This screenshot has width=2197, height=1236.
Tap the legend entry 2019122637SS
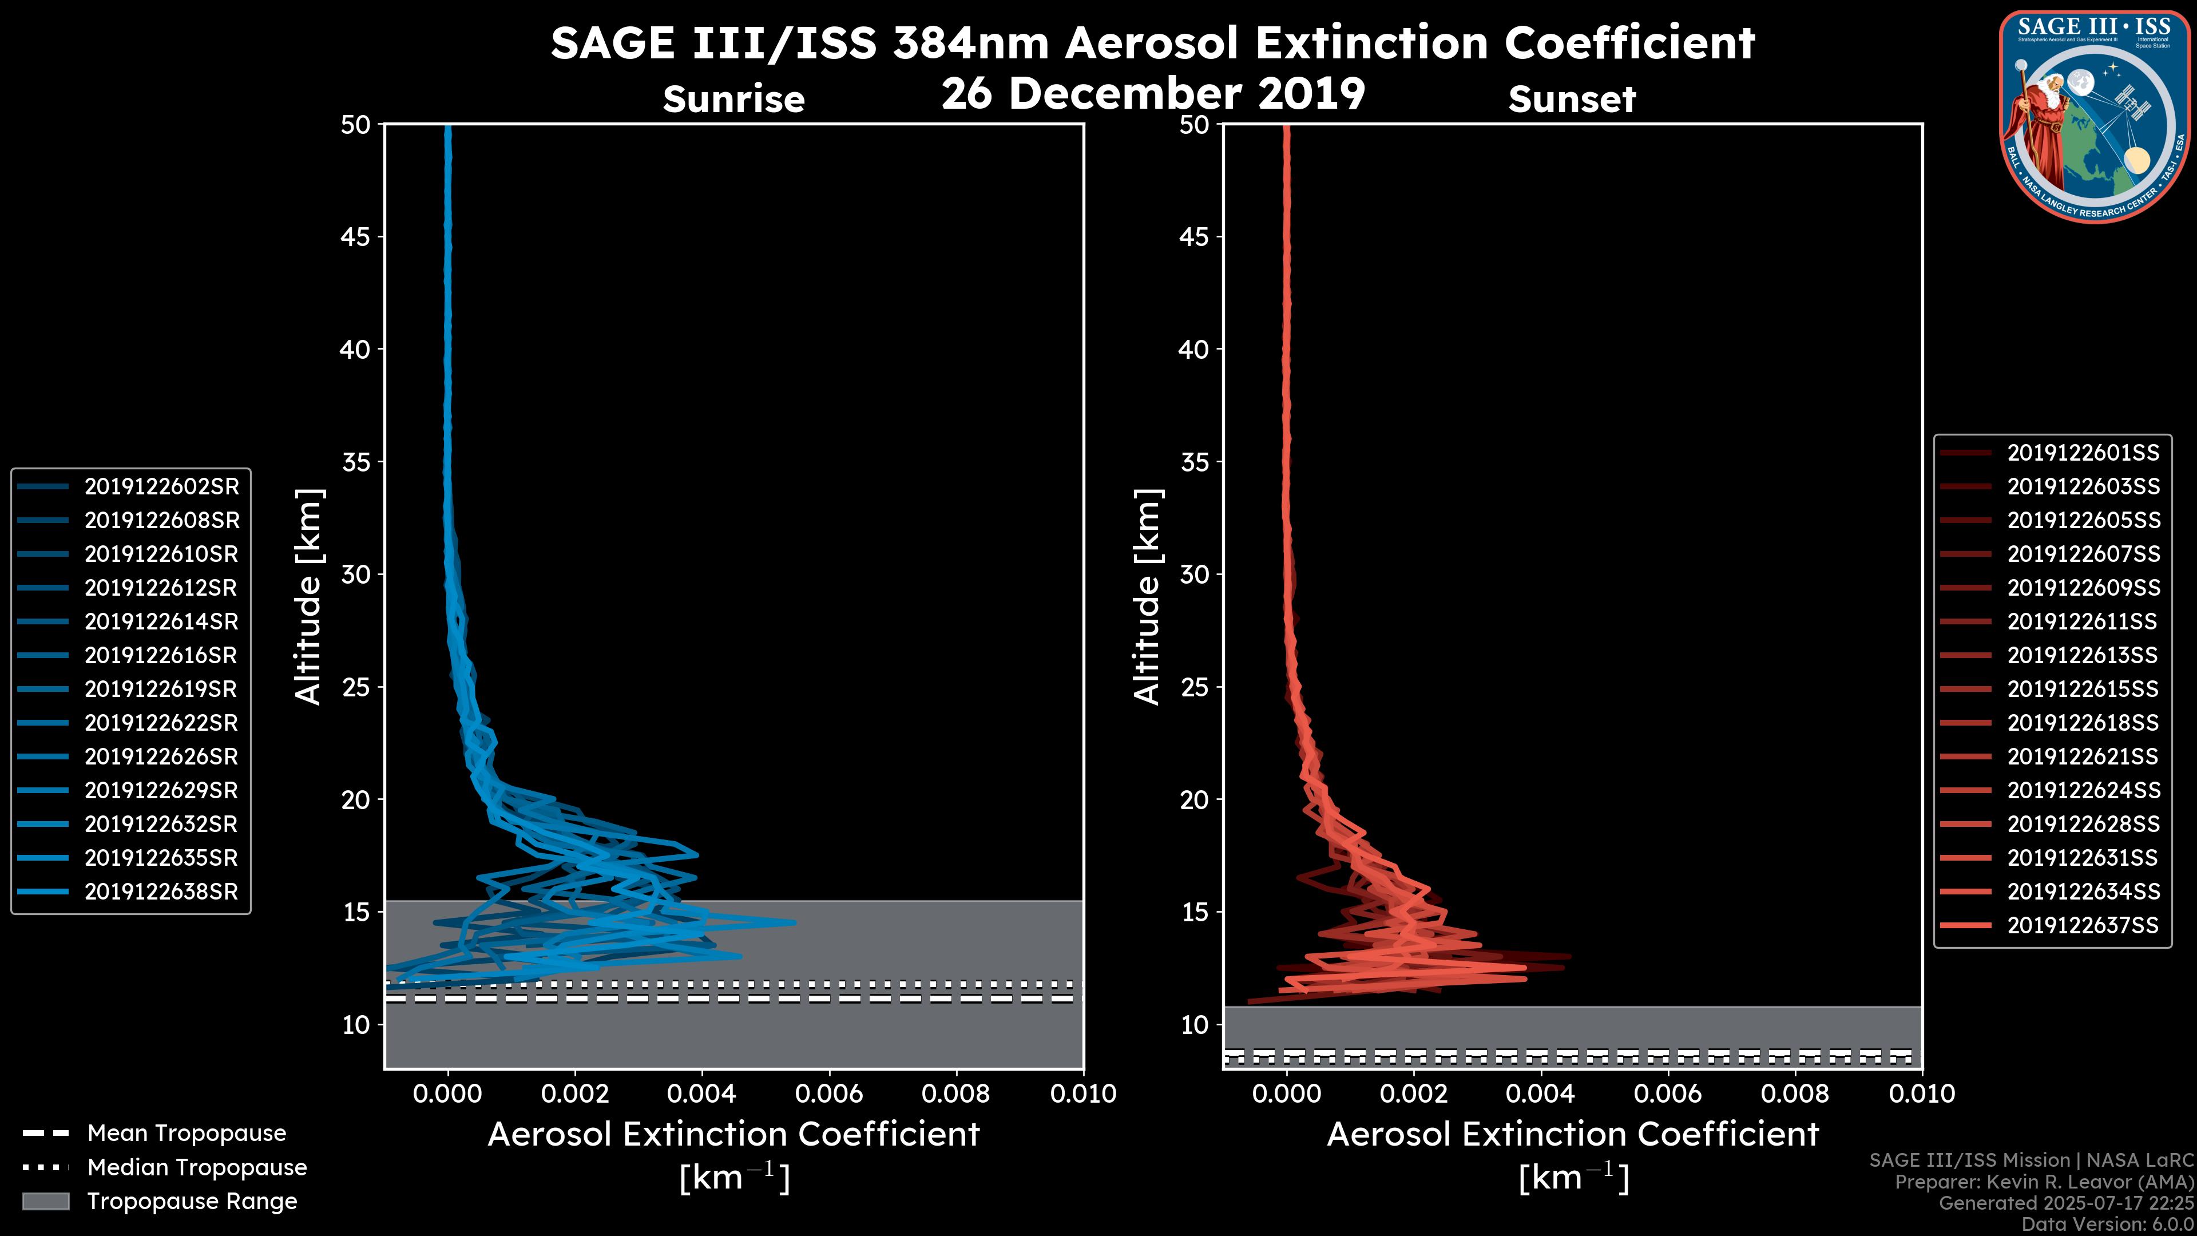tap(2083, 925)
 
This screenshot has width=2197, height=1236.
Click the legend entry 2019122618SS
tap(2083, 723)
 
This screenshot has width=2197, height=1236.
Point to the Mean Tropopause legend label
tap(187, 1134)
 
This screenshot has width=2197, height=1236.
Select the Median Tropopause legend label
tap(197, 1168)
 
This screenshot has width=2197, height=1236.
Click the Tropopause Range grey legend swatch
tap(46, 1201)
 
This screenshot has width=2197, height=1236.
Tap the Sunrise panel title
tap(733, 100)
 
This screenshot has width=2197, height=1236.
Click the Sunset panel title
tap(1572, 100)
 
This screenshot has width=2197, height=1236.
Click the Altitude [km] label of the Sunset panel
tap(1147, 597)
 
